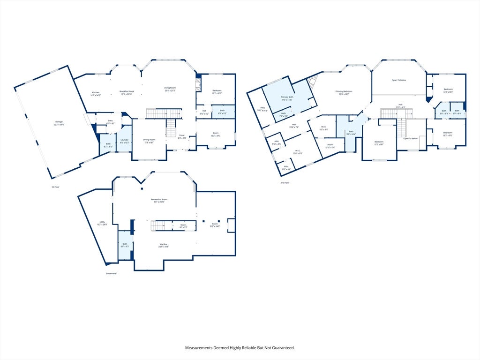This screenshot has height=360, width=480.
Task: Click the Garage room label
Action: (x=59, y=123)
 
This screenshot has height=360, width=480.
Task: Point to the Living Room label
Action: (x=170, y=89)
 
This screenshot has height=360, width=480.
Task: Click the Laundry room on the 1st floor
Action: (x=124, y=141)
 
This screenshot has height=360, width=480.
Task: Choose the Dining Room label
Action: (x=149, y=141)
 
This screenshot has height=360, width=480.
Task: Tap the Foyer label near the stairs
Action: (x=181, y=136)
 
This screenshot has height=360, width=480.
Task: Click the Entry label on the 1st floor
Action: (x=110, y=122)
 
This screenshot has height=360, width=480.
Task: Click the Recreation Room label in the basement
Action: (x=159, y=201)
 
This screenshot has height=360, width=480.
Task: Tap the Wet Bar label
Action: (x=163, y=245)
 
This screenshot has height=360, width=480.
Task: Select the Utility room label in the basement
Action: (x=102, y=223)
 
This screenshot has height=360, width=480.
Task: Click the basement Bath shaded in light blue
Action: (x=125, y=245)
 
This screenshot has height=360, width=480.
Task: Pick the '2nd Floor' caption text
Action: (x=285, y=183)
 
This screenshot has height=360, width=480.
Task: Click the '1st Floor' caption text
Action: (x=56, y=187)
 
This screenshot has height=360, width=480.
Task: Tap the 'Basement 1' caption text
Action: (x=112, y=273)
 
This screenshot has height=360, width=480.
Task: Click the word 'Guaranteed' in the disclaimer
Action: (x=281, y=348)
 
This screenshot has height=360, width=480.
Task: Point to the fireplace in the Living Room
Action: (x=198, y=85)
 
